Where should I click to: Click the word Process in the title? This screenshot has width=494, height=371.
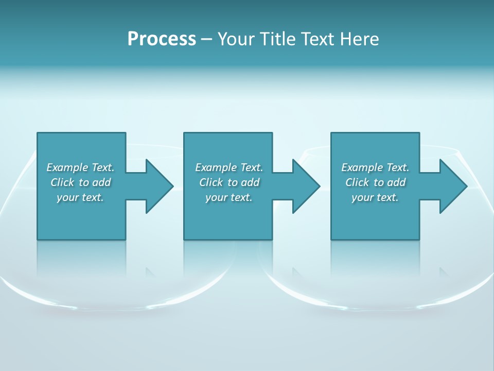click(162, 39)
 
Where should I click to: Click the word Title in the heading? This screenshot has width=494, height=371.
click(277, 39)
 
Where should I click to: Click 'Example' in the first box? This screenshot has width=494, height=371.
click(67, 167)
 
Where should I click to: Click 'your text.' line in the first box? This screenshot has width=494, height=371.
click(80, 197)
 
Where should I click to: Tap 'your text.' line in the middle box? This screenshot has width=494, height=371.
click(229, 197)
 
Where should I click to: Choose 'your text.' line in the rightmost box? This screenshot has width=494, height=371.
click(375, 197)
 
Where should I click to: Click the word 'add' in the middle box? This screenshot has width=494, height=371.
click(250, 182)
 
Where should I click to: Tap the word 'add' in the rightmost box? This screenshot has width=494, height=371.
click(396, 182)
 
